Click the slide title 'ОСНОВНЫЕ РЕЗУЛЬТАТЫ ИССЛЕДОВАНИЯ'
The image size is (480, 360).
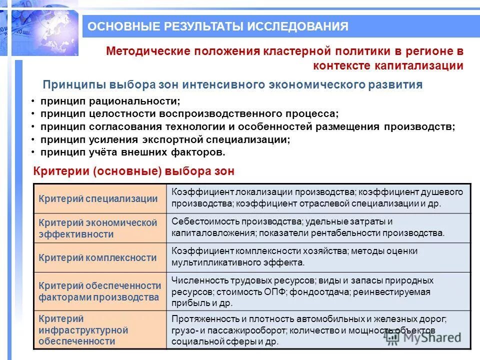tap(218, 26)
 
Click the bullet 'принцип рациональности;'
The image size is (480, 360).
tap(110, 101)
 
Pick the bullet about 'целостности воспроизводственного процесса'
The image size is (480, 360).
tap(189, 114)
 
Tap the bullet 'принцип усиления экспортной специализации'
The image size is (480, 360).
tap(165, 139)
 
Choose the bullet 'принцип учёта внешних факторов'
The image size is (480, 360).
tap(133, 152)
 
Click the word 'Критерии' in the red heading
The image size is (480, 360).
tap(60, 171)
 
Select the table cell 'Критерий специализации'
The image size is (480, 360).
tap(98, 198)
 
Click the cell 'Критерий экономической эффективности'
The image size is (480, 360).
tap(98, 228)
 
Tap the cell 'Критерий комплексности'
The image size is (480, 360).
tap(98, 258)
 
